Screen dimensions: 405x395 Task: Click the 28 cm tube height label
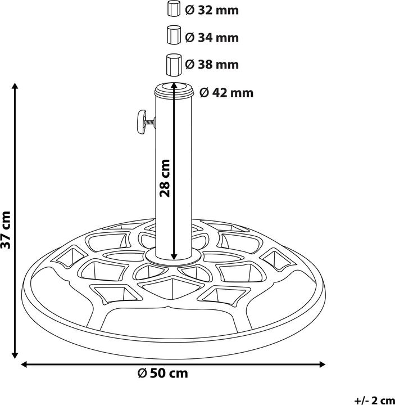pos(165,178)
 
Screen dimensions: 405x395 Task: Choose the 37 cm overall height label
pos(6,229)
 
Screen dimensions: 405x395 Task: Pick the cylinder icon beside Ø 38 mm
pos(174,64)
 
